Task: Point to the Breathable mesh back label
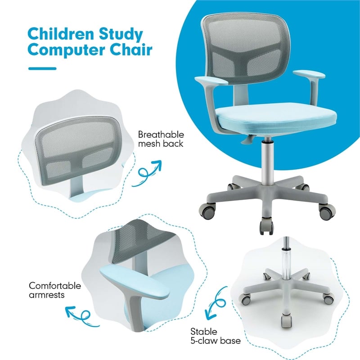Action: (161, 139)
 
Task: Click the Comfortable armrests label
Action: (49, 290)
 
